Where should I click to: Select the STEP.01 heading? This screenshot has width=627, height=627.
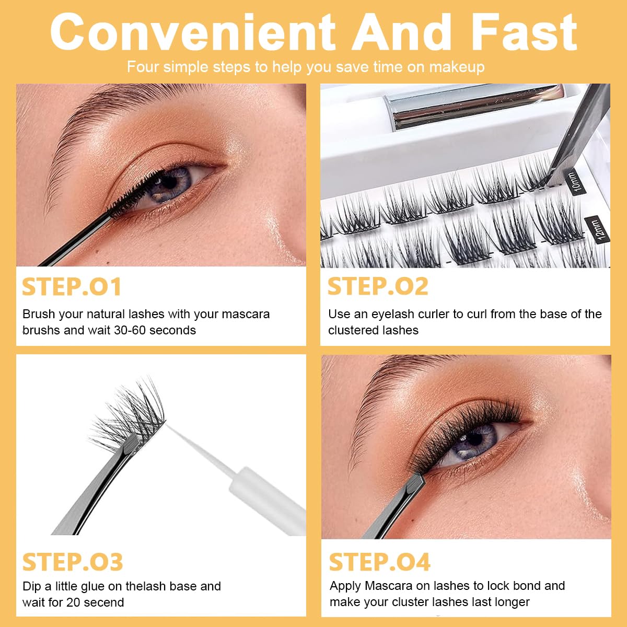pos(72,286)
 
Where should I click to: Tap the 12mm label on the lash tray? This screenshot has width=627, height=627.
pos(599,229)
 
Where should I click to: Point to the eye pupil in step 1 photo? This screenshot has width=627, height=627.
pos(170,182)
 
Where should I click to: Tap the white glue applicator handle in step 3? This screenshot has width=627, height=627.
pos(268,502)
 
